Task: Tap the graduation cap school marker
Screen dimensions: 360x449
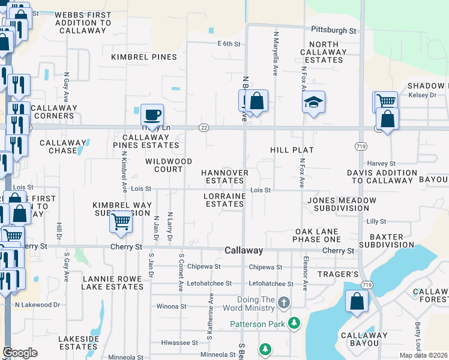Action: (x=313, y=103)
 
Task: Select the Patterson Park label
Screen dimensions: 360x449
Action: (x=259, y=324)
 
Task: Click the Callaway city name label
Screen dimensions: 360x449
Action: (x=244, y=250)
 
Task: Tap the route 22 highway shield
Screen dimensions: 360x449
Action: (x=205, y=127)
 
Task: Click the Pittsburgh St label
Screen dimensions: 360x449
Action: (x=334, y=29)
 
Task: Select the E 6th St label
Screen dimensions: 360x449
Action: (x=229, y=44)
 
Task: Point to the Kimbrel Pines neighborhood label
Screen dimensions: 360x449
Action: (x=144, y=57)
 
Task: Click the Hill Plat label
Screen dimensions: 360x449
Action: (x=292, y=149)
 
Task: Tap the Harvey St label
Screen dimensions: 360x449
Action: (x=382, y=163)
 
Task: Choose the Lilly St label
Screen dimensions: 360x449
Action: (x=376, y=221)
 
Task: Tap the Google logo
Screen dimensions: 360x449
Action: (x=20, y=352)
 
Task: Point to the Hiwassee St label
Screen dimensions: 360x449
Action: (x=179, y=343)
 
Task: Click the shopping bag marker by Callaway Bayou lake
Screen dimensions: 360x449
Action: (x=357, y=302)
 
